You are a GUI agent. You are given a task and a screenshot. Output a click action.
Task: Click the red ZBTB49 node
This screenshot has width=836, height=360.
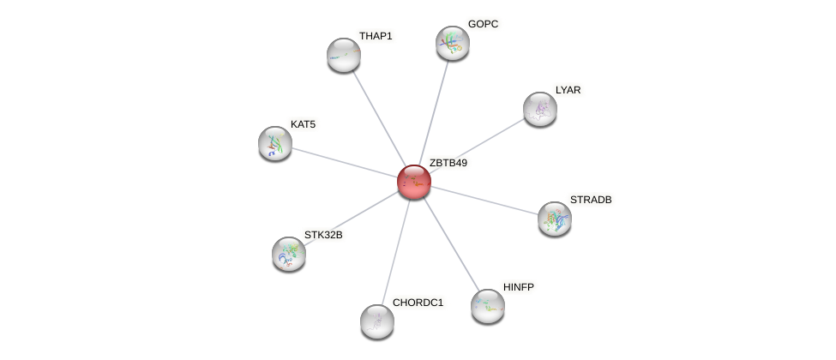coord(413,182)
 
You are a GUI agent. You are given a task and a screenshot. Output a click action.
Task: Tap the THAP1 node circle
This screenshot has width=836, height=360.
coord(344,55)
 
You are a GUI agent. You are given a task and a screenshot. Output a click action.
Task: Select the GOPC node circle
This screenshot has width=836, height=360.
coord(452,43)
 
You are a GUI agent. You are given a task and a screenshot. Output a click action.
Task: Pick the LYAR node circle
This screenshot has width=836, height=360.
coord(540,109)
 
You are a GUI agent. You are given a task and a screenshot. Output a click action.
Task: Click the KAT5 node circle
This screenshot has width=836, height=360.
coord(275,143)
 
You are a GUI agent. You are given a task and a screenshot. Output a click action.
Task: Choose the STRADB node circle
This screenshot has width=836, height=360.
coord(555,219)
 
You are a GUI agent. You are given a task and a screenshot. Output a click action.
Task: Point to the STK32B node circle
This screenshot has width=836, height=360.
coord(289,253)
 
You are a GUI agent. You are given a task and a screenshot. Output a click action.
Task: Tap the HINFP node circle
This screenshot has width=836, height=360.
coord(488,306)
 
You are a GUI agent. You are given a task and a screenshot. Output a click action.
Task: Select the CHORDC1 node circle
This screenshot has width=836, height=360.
coord(377,321)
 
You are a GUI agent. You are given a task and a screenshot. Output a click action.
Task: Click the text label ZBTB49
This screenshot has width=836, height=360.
coord(448,163)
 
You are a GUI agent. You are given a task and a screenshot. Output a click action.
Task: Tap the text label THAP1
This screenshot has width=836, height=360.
coord(376,36)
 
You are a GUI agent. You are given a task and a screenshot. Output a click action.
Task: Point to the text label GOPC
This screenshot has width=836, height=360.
coord(483,24)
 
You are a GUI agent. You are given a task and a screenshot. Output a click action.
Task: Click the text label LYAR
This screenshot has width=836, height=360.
coord(568,90)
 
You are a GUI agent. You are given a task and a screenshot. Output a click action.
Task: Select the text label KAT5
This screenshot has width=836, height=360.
coord(303,124)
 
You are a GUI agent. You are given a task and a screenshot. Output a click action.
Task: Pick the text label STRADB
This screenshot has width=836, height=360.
coord(591,200)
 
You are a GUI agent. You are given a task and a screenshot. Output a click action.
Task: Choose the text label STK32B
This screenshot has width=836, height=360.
coord(322,234)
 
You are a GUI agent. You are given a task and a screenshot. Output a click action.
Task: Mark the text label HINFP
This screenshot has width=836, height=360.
coord(519,287)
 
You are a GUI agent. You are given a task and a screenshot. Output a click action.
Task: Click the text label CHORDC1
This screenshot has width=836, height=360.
coord(418,303)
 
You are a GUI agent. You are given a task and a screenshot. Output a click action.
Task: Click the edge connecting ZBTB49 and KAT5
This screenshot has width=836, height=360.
coord(343,162)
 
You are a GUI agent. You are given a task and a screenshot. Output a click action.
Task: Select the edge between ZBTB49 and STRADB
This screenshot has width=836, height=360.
coord(484,201)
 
